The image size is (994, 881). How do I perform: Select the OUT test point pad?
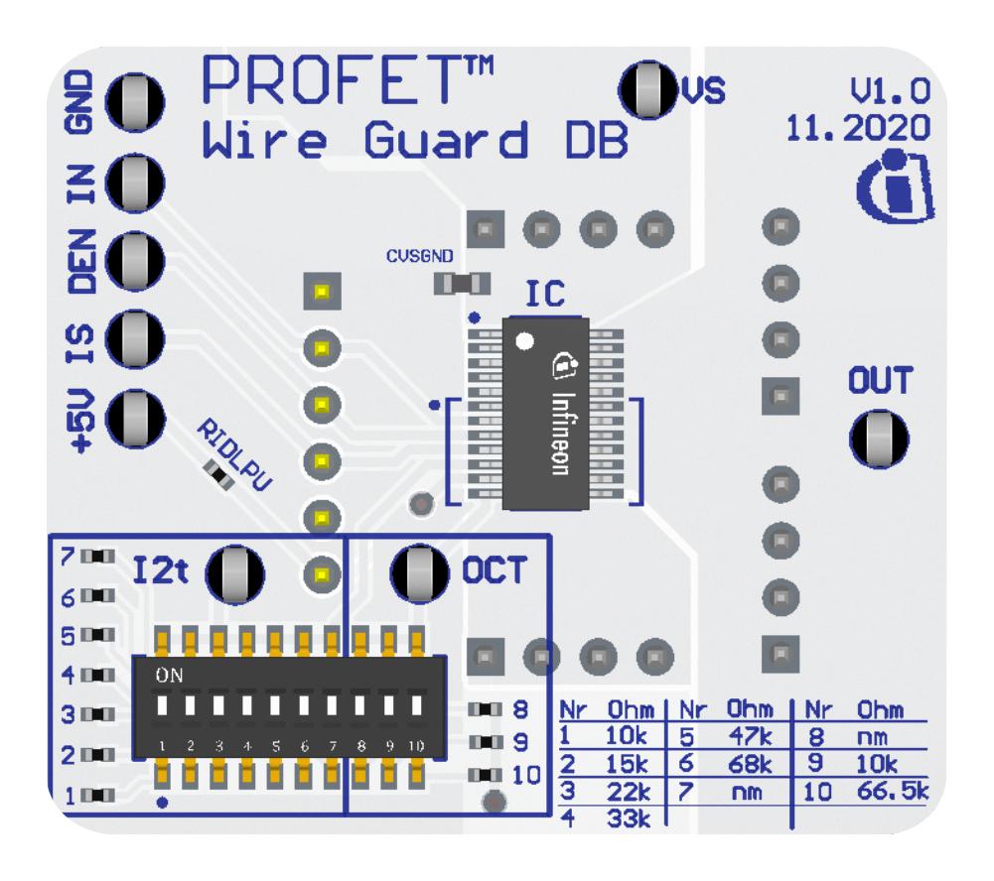tap(879, 438)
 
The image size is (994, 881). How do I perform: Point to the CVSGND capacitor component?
tap(463, 285)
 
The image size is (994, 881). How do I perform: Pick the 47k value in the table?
tap(747, 737)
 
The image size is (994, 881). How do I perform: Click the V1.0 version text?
tap(890, 92)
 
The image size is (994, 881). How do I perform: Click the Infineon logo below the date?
tap(897, 185)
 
